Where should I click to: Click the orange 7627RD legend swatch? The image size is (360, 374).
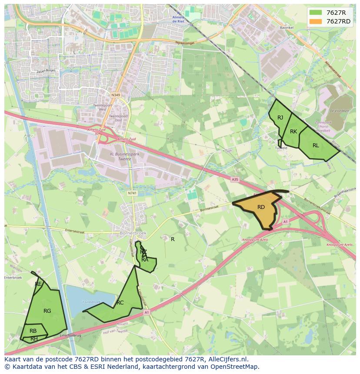(316, 21)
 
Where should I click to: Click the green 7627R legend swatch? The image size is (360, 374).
(316, 13)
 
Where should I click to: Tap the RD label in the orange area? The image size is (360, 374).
(261, 207)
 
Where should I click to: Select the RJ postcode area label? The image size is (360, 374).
(280, 118)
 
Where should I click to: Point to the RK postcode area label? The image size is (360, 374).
(293, 132)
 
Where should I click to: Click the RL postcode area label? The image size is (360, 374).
(316, 146)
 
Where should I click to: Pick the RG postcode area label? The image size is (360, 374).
(47, 311)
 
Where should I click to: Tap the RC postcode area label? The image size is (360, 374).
(120, 303)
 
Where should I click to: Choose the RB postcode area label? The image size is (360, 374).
(33, 331)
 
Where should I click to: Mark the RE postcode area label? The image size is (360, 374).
(38, 284)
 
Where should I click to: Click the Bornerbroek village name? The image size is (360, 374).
(133, 233)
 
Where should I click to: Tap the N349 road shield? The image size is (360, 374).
(115, 95)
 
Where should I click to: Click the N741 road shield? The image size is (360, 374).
(132, 193)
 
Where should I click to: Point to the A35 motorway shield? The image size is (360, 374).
(235, 179)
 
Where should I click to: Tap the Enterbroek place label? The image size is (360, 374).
(13, 278)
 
